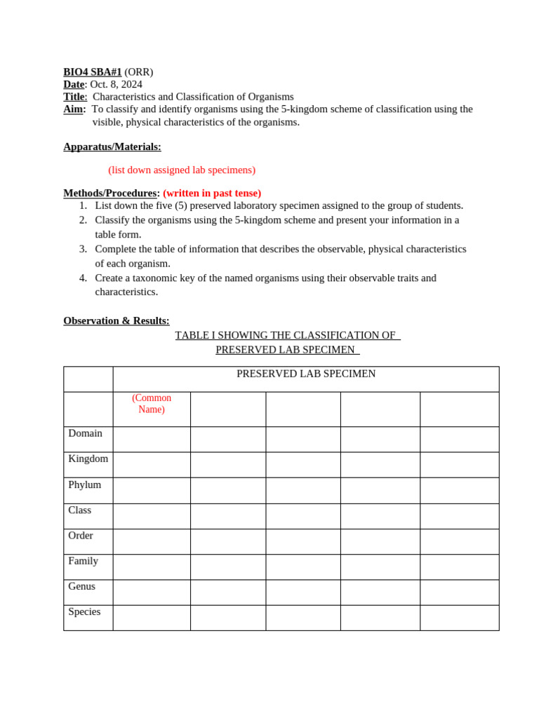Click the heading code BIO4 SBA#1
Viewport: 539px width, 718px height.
click(x=92, y=72)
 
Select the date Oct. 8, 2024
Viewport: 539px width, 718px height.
click(x=116, y=84)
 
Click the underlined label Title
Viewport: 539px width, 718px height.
click(x=75, y=97)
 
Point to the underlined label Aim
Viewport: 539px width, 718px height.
click(x=74, y=109)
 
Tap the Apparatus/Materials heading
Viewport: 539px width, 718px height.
click(x=112, y=147)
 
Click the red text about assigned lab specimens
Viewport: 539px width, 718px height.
click(x=182, y=170)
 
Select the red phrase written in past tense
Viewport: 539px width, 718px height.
click(x=212, y=193)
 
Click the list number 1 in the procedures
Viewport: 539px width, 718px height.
click(x=83, y=205)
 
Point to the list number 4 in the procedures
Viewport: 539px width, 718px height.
click(x=83, y=278)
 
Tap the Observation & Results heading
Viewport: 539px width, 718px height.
click(x=117, y=320)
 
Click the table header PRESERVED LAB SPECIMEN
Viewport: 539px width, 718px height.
click(x=306, y=374)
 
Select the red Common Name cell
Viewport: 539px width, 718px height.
click(x=152, y=404)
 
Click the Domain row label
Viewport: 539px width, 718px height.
click(x=85, y=433)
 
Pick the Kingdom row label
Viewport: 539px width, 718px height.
click(x=88, y=459)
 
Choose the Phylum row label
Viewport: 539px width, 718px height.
click(x=84, y=485)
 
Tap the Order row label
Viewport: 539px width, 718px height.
click(x=80, y=536)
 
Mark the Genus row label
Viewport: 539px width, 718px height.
click(x=81, y=586)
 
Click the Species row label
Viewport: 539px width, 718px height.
click(x=84, y=611)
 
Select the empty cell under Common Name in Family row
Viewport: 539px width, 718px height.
click(x=152, y=567)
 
